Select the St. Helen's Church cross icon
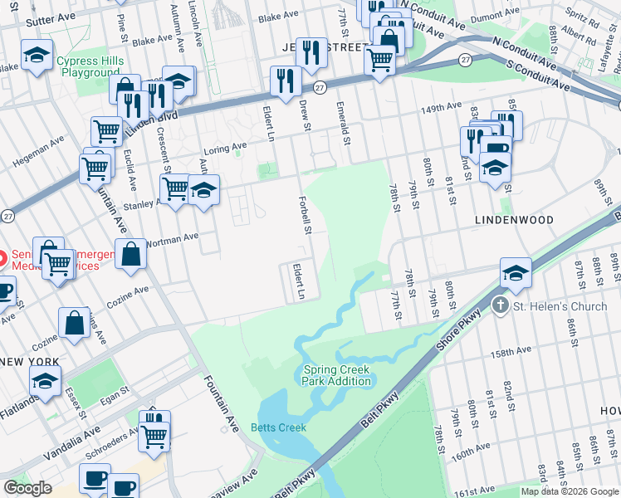click(x=501, y=305)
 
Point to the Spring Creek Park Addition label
click(x=336, y=375)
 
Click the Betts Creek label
click(x=278, y=427)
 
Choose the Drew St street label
click(x=305, y=115)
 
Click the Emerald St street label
click(x=340, y=120)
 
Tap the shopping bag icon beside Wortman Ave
click(x=131, y=254)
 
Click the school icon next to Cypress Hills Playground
click(x=37, y=56)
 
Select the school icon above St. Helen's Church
click(x=515, y=273)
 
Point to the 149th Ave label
click(x=440, y=109)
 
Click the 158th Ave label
click(x=510, y=353)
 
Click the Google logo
click(x=27, y=487)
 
